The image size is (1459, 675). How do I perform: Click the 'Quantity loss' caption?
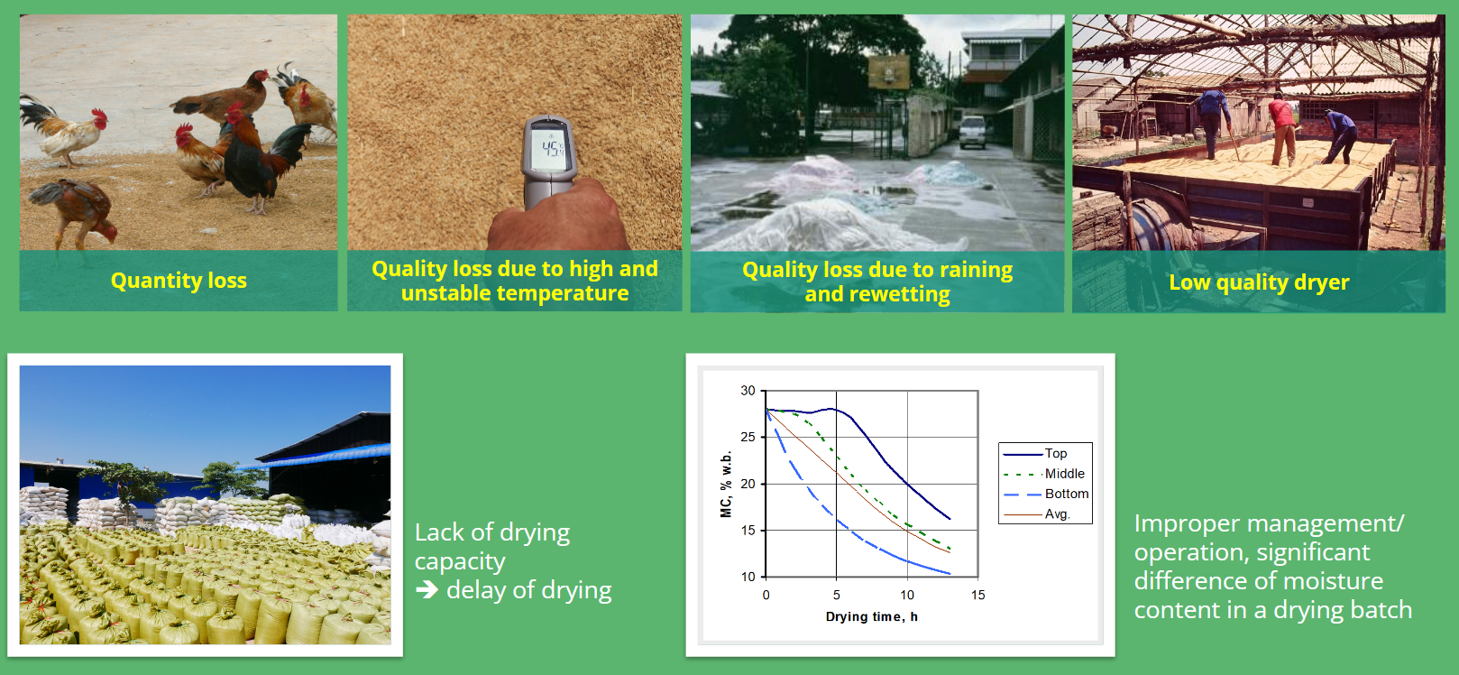pyautogui.click(x=179, y=280)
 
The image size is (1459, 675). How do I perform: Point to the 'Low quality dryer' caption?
pyautogui.click(x=1259, y=282)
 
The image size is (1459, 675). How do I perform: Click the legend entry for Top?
pyautogui.click(x=1035, y=454)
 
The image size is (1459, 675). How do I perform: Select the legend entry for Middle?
pyautogui.click(x=1045, y=474)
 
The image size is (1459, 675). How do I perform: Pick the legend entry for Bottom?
pyautogui.click(x=1046, y=494)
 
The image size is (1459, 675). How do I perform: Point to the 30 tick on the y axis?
pyautogui.click(x=748, y=391)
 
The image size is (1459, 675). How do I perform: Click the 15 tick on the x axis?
pyautogui.click(x=977, y=595)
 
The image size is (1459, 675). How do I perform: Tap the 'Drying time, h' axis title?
pyautogui.click(x=871, y=616)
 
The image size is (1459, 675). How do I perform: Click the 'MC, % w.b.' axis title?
pyautogui.click(x=726, y=484)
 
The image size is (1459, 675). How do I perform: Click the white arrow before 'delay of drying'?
pyautogui.click(x=427, y=589)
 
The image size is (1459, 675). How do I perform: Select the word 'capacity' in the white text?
pyautogui.click(x=460, y=561)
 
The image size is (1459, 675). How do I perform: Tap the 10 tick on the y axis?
pyautogui.click(x=748, y=577)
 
